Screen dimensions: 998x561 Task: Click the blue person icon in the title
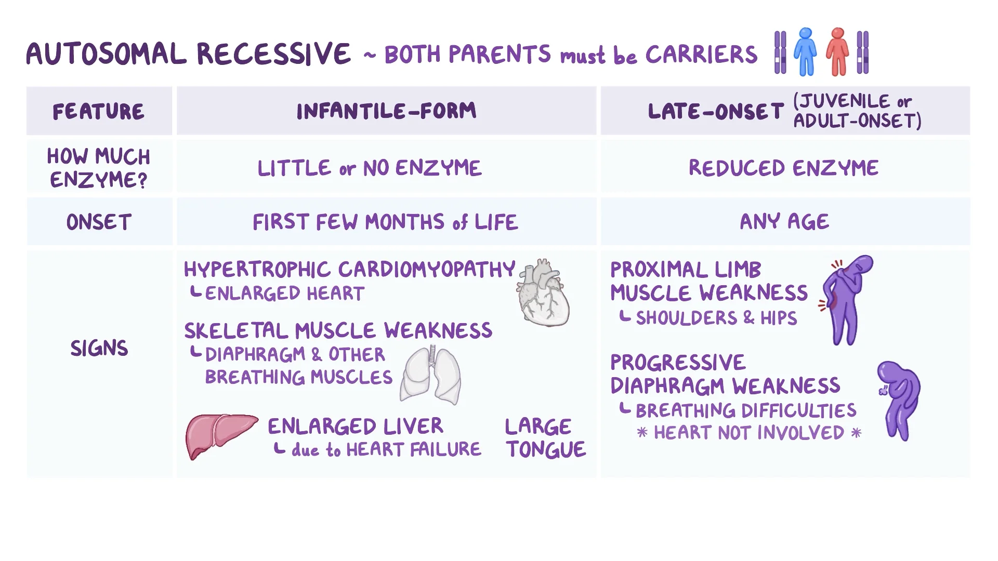(805, 52)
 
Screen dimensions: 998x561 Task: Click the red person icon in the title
(837, 52)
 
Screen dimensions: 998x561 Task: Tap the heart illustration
(543, 293)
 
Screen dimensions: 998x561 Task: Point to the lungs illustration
(430, 375)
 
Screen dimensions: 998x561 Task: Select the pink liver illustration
(221, 435)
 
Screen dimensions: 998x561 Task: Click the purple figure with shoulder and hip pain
(846, 300)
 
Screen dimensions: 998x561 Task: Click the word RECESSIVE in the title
(273, 54)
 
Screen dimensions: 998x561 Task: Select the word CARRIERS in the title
(701, 54)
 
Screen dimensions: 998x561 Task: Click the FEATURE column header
(99, 112)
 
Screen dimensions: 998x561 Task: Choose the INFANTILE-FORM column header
(386, 111)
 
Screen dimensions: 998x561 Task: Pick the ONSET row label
(99, 222)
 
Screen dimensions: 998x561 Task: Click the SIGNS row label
(99, 348)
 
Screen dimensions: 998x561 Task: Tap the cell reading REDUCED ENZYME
(784, 168)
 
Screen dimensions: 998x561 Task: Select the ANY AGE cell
(784, 222)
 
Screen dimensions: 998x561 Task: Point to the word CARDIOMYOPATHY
(427, 269)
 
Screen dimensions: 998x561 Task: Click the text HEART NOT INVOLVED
(749, 433)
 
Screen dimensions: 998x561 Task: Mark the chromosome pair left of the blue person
(780, 52)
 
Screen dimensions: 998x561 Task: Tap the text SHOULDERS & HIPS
(716, 318)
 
